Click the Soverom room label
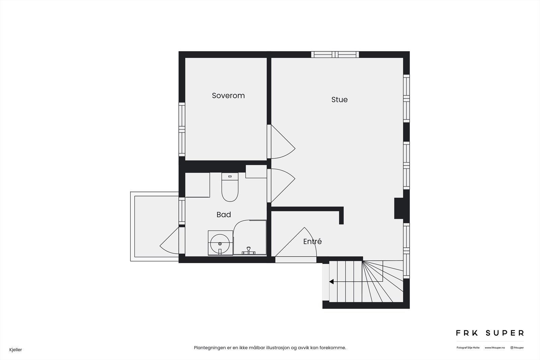[x=228, y=95]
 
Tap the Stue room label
[x=339, y=100]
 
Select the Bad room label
[x=223, y=215]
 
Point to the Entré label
[x=312, y=242]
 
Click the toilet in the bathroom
[x=230, y=188]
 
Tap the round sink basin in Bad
[x=220, y=243]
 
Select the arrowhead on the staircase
[x=331, y=281]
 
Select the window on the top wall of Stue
[x=335, y=55]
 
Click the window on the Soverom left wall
[x=182, y=129]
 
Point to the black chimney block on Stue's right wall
[x=399, y=208]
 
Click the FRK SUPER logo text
[x=490, y=333]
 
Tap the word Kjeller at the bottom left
[x=16, y=350]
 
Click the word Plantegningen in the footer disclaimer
[x=209, y=348]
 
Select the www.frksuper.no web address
[x=495, y=348]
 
